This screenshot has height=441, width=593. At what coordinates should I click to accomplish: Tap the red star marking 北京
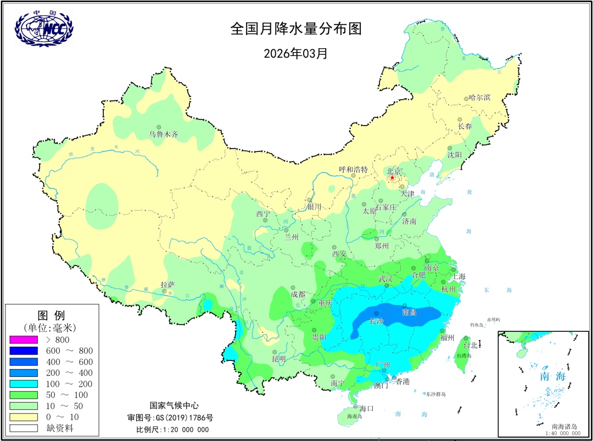tap(392, 178)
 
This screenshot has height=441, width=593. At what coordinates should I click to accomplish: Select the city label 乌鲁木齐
tap(164, 134)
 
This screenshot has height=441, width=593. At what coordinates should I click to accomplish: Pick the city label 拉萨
tap(167, 284)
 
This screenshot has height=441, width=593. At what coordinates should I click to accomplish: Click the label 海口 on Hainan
tap(366, 408)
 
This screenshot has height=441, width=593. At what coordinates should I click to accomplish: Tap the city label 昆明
tap(279, 359)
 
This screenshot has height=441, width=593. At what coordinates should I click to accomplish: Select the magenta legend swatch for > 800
tap(24, 340)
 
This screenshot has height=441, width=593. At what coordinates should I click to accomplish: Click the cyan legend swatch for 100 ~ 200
tap(24, 384)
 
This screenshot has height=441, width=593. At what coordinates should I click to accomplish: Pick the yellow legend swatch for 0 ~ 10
tap(24, 417)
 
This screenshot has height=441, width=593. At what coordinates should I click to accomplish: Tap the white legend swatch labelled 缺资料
tap(24, 428)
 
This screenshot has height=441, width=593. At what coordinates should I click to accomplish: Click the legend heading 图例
tap(51, 315)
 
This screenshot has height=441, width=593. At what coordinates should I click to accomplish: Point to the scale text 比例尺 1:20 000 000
tap(172, 429)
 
